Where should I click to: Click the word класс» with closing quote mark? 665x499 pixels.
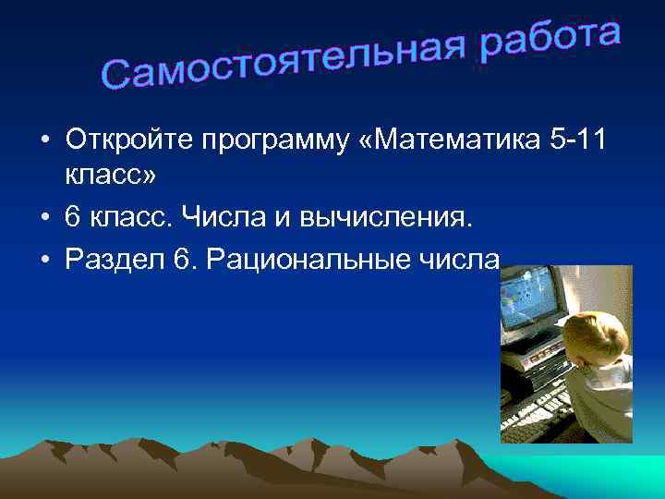click(x=106, y=175)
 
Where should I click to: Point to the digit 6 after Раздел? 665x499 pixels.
click(x=181, y=260)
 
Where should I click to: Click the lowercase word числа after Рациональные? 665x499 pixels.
click(x=461, y=261)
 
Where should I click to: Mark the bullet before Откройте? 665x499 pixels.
click(x=43, y=141)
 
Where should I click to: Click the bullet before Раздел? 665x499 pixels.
click(x=43, y=261)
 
